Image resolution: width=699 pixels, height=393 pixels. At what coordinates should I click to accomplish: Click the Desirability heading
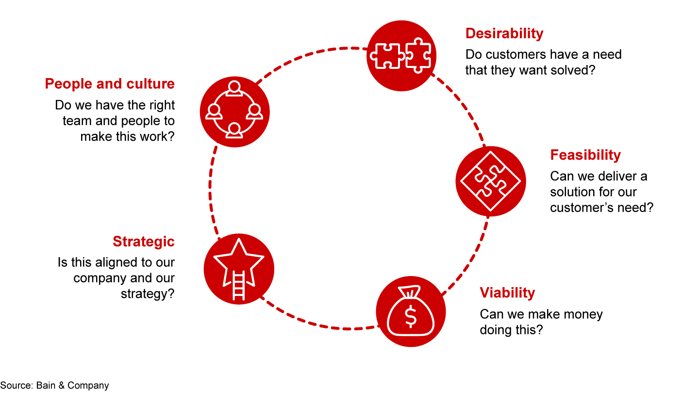[504, 33]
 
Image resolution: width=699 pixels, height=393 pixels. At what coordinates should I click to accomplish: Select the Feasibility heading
[585, 155]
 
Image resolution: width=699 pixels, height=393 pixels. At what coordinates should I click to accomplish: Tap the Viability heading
[507, 293]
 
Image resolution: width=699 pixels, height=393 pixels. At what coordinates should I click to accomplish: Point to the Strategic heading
[143, 242]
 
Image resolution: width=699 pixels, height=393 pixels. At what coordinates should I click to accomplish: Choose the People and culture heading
[110, 84]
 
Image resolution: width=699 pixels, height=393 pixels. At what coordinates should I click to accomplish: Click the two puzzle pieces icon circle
[401, 56]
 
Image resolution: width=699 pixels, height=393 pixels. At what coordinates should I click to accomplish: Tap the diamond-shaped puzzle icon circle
[490, 181]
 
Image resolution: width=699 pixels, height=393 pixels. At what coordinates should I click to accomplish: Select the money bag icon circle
[411, 312]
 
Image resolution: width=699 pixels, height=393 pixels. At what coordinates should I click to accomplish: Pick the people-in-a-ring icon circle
[234, 113]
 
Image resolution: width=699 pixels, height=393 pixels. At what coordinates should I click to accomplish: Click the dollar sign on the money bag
[411, 317]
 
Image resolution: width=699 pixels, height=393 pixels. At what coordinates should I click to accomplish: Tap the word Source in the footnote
[15, 386]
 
